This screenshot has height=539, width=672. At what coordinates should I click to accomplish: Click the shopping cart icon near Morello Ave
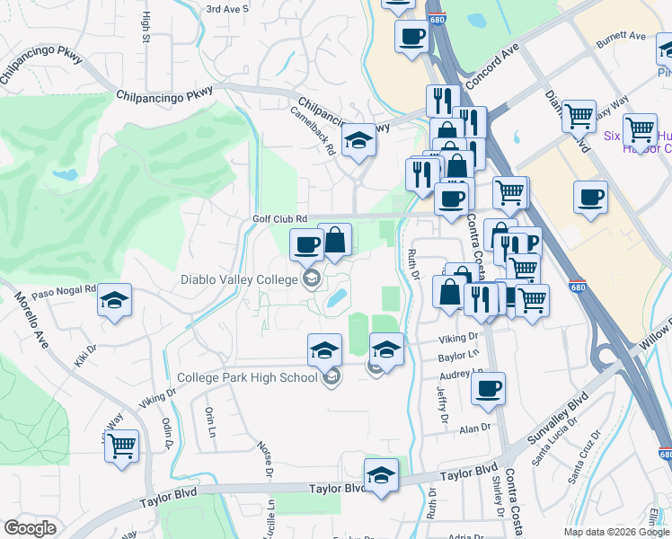click(121, 444)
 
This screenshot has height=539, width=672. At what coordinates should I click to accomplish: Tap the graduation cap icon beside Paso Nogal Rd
click(115, 301)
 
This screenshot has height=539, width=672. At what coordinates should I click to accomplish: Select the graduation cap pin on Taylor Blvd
click(381, 475)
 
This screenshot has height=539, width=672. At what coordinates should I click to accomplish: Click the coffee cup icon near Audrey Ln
click(488, 389)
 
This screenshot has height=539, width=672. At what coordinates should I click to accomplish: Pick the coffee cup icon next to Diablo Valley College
click(306, 244)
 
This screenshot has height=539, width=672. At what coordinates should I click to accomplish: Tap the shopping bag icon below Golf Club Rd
click(335, 240)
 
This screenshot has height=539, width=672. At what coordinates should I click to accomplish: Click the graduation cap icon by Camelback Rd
click(358, 140)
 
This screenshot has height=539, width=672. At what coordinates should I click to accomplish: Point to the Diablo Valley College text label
click(239, 279)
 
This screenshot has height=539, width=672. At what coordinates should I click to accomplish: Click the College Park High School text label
click(247, 377)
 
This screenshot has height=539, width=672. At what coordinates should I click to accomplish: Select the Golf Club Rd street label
click(279, 218)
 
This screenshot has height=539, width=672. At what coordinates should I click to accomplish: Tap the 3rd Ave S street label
click(226, 9)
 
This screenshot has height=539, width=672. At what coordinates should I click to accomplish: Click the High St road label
click(146, 28)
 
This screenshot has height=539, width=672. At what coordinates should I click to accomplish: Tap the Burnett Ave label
click(624, 37)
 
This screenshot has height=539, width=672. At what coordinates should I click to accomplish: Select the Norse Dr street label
click(265, 455)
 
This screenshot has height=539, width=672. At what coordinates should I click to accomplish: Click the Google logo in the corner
click(30, 529)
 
